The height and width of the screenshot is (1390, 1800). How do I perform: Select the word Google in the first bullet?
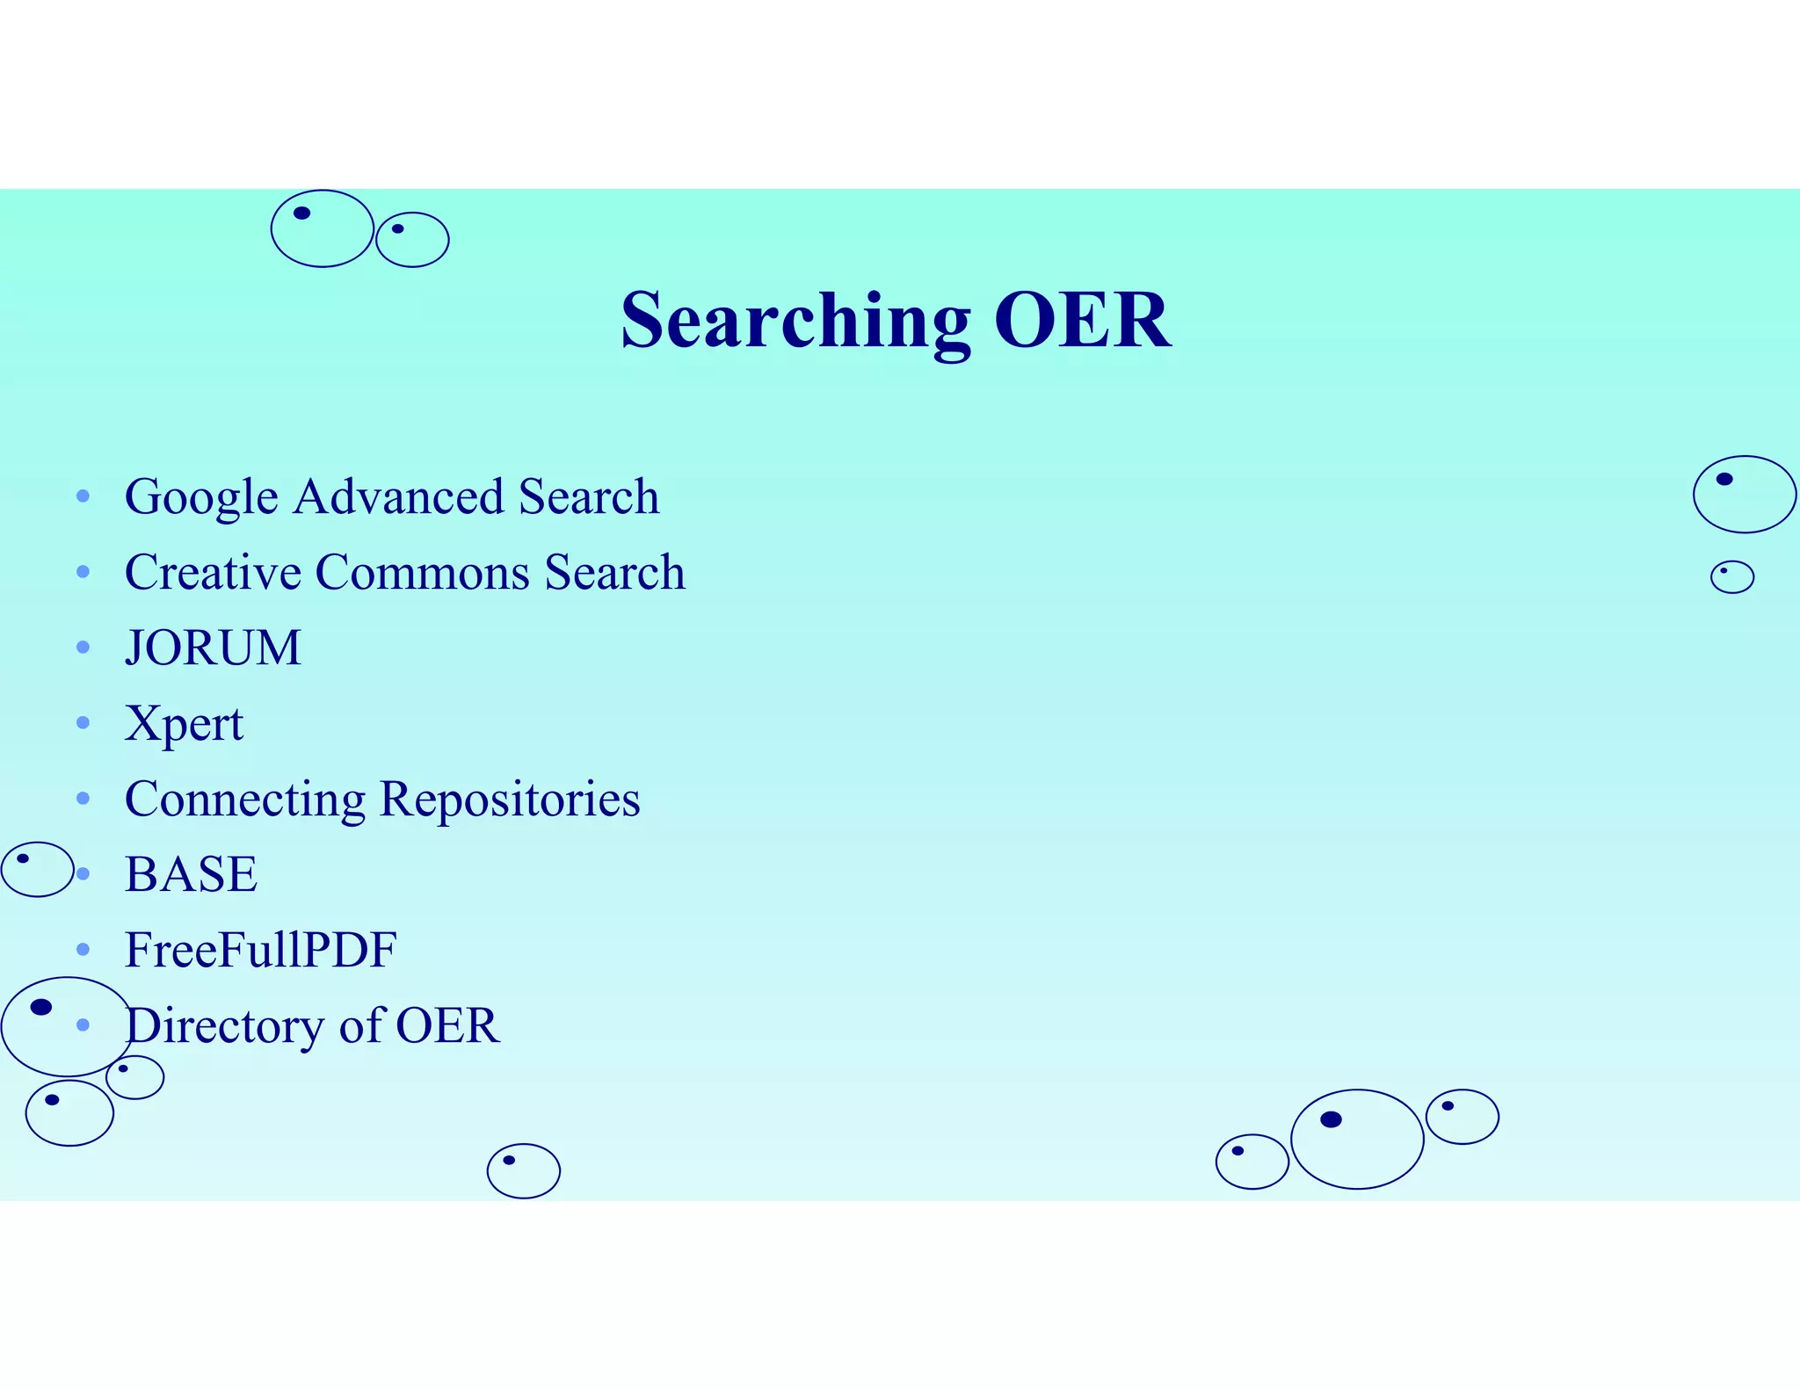(x=201, y=498)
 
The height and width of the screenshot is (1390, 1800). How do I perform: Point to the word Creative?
(x=213, y=573)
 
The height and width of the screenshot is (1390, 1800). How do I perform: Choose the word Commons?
(x=422, y=573)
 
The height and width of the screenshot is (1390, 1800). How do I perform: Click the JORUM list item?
(x=213, y=648)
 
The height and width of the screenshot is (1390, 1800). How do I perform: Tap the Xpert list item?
(x=184, y=725)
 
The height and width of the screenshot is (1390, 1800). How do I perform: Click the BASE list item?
(x=191, y=875)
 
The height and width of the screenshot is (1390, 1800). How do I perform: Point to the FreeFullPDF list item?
(x=260, y=951)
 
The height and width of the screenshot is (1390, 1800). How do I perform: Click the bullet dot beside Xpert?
(x=83, y=723)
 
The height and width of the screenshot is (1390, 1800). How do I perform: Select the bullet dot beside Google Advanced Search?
(x=83, y=496)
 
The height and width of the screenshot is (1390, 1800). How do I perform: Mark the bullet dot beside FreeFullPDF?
(x=83, y=950)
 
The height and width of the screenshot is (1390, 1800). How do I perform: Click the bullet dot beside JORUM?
(x=83, y=648)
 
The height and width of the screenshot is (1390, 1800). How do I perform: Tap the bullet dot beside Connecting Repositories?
(x=83, y=799)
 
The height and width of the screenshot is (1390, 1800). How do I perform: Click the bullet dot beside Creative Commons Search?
(x=83, y=572)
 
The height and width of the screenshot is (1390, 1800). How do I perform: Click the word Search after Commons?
(x=614, y=573)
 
